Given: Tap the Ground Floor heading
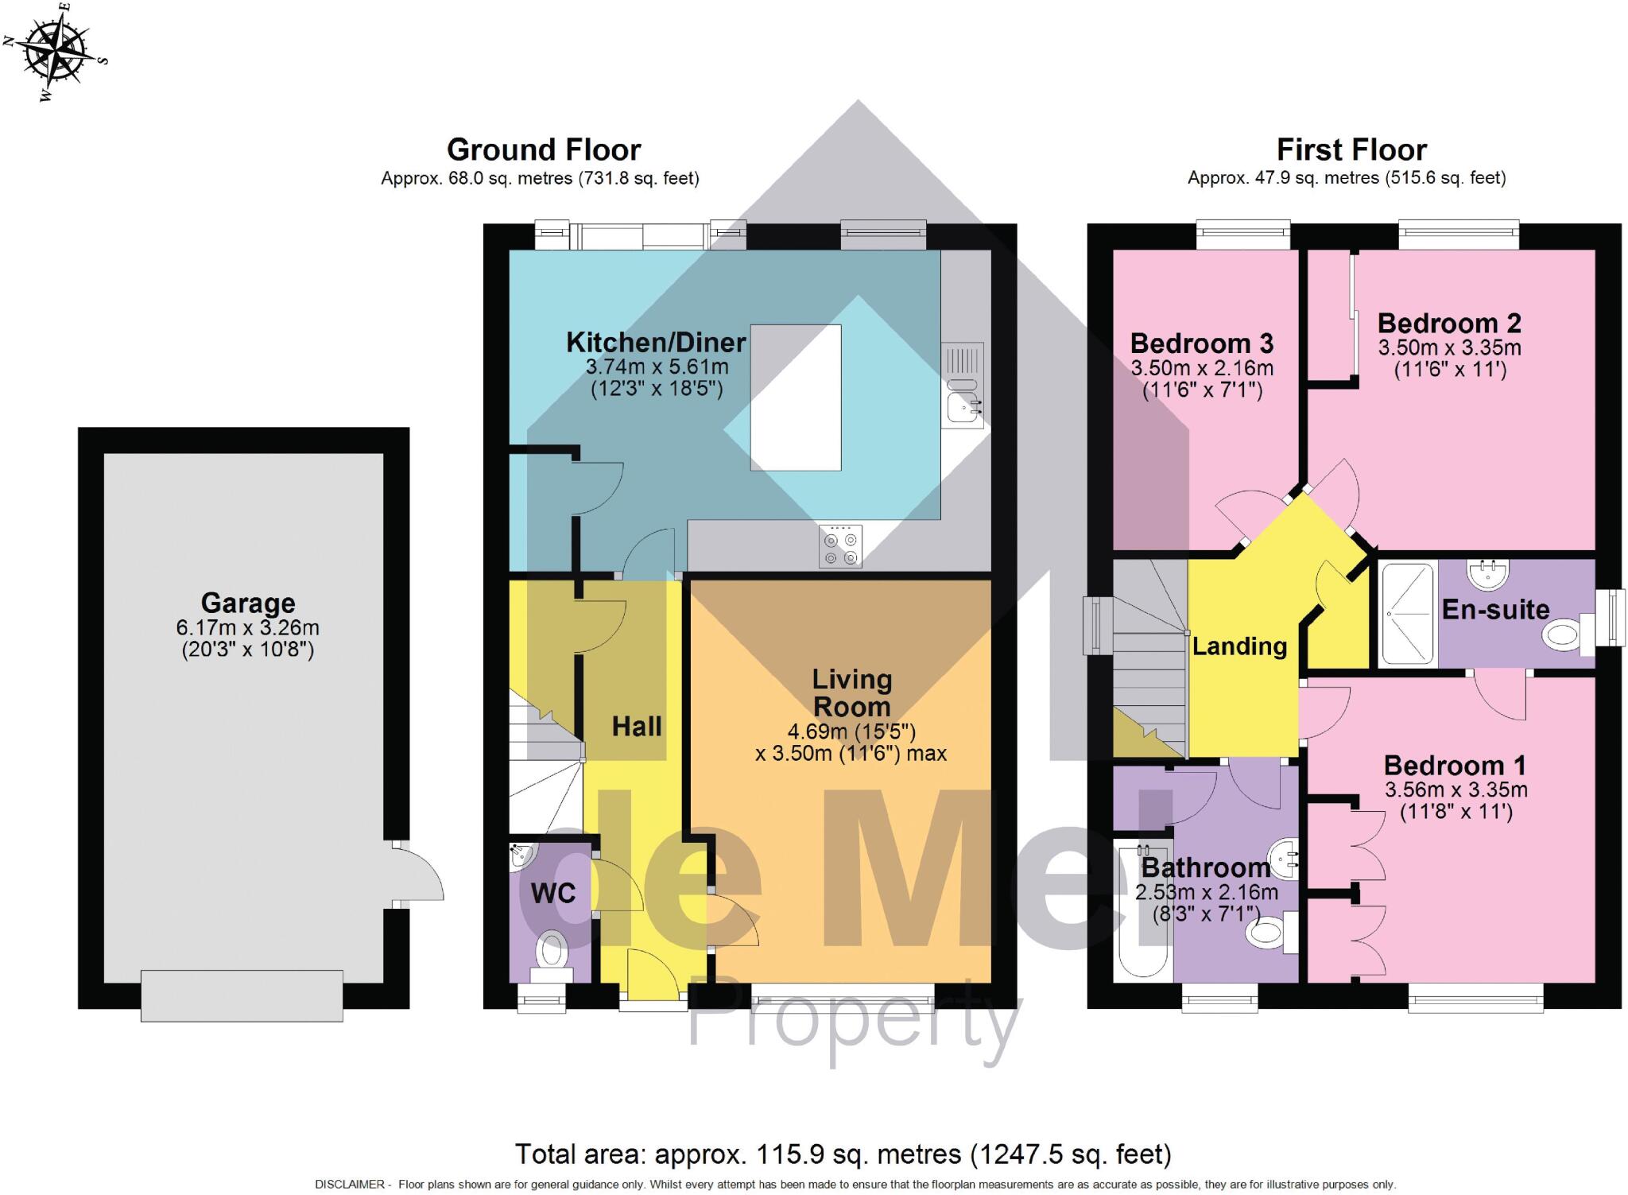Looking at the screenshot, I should point(544,149).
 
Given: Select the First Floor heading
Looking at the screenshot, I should point(1351,149).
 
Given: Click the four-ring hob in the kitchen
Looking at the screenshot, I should point(840,547).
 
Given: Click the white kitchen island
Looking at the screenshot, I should point(796,398).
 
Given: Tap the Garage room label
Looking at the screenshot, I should point(248,603).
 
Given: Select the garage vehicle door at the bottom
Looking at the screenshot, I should point(242,995).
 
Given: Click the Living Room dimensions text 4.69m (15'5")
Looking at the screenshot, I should point(851,731).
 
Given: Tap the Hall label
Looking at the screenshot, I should point(637,726).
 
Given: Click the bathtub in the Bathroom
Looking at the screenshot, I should point(1143,910).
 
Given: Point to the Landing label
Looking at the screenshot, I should point(1239,646).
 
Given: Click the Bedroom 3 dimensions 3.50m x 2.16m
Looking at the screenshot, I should point(1202,368).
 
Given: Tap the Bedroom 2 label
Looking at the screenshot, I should point(1448,324).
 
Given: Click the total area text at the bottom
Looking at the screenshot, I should point(843,1154).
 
